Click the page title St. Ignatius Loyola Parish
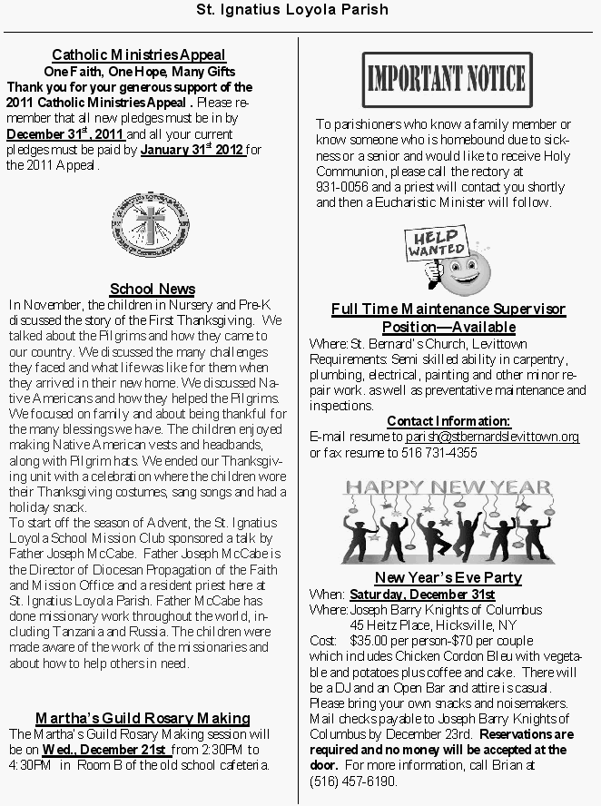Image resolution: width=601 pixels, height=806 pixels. click(292, 10)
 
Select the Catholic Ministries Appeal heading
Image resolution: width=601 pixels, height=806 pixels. click(139, 55)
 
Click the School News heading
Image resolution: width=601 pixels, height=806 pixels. click(153, 289)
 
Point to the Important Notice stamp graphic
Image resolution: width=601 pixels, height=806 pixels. click(447, 81)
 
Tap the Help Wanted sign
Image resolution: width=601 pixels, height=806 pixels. click(436, 244)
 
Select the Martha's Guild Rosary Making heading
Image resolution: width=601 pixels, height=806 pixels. click(143, 718)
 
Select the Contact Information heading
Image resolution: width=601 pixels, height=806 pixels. click(448, 421)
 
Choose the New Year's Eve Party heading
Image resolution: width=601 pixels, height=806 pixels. click(448, 577)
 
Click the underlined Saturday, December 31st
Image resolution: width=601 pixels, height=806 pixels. click(422, 594)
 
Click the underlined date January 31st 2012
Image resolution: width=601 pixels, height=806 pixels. click(192, 149)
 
